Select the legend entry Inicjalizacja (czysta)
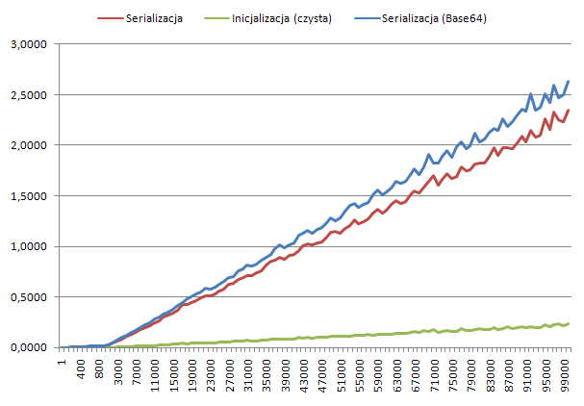coord(282,18)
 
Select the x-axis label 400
coord(80,370)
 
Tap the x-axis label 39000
coord(288,375)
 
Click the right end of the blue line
coord(569,81)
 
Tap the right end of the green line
coord(569,323)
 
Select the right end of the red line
coord(569,110)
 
